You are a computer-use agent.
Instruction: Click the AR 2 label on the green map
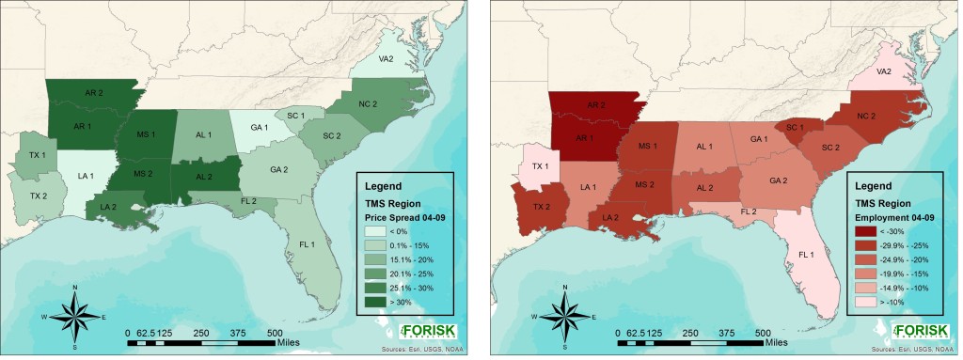click(94, 94)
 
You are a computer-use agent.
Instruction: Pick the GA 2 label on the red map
click(779, 180)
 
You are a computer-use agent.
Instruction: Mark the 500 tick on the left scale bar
click(275, 333)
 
